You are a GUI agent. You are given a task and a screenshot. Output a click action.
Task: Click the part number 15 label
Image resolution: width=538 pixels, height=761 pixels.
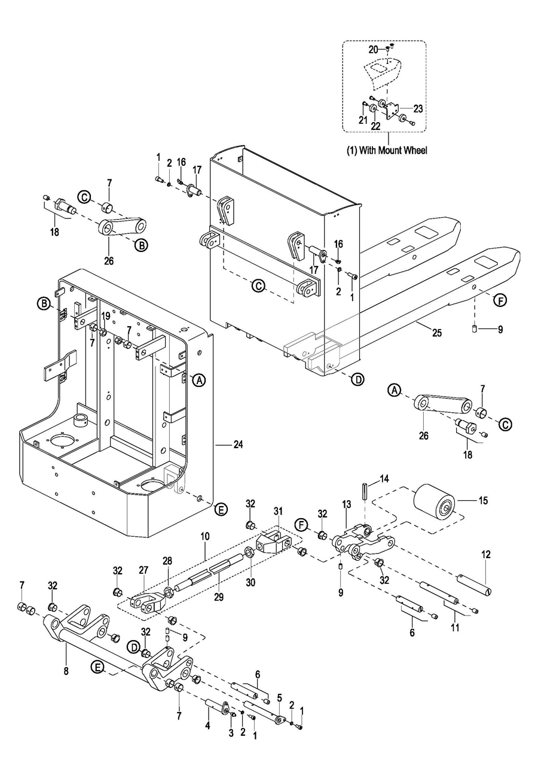tap(482, 501)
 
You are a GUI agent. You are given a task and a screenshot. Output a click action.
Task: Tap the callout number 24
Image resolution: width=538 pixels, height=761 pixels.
tap(238, 445)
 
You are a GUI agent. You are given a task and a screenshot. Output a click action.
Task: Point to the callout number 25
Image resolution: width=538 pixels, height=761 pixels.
tap(437, 333)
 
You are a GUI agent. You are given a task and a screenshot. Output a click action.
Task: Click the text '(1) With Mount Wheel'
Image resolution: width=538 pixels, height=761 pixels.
tap(387, 151)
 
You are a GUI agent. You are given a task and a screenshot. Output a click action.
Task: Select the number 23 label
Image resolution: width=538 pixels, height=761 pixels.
tap(418, 109)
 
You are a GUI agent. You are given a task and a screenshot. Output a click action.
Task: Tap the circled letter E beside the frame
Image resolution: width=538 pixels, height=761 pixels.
tap(221, 510)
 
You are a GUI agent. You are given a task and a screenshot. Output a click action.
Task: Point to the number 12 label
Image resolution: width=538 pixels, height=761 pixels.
tap(487, 555)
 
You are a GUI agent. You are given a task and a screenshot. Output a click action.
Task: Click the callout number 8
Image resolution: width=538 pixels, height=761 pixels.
tap(66, 671)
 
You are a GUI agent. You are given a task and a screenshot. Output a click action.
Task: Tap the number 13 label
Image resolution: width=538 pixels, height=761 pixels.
tap(347, 506)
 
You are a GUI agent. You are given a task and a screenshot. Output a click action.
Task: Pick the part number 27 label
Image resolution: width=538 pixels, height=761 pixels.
tap(144, 570)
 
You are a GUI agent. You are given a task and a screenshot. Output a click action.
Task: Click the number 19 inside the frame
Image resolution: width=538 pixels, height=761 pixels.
tap(105, 315)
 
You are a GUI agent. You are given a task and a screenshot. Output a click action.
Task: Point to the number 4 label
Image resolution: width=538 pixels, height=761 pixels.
tap(208, 726)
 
